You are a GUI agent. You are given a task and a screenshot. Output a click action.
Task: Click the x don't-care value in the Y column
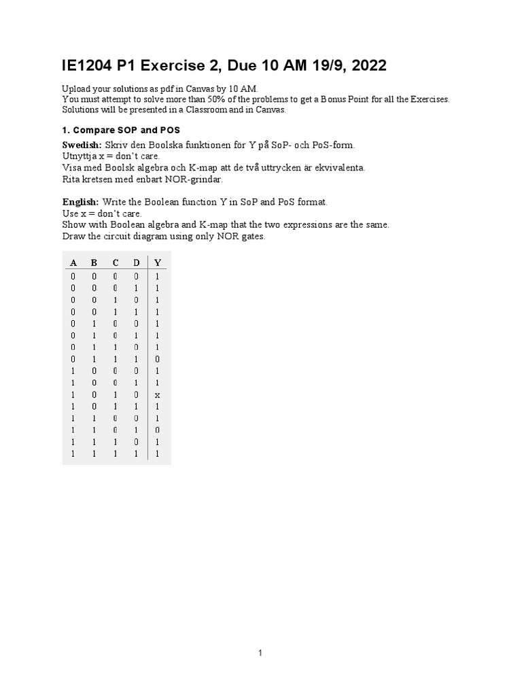click(x=157, y=395)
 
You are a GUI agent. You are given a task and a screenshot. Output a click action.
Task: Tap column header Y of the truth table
click(x=158, y=263)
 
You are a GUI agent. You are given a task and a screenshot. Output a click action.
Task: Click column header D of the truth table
click(x=136, y=263)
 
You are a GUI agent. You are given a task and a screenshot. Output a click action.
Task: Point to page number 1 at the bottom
click(x=260, y=654)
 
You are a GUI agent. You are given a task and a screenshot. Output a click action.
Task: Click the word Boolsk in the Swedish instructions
click(x=111, y=167)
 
